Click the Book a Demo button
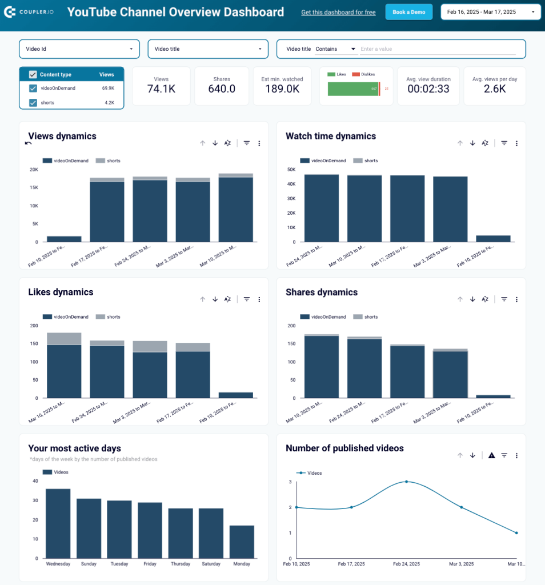tap(408, 12)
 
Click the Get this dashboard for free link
tap(338, 12)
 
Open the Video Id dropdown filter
tap(79, 49)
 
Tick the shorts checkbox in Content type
tap(33, 103)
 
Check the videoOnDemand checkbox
tap(33, 88)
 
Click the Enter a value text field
tap(438, 49)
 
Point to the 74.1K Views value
tap(161, 89)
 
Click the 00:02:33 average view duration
tap(428, 89)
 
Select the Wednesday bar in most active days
tap(58, 523)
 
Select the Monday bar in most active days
tap(242, 542)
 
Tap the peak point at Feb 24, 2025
tap(406, 482)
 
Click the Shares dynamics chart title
tap(322, 292)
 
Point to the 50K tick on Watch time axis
tap(291, 170)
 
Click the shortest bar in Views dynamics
tap(64, 239)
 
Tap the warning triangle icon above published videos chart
tap(491, 455)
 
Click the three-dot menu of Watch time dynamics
tap(516, 143)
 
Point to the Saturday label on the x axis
tap(211, 564)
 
